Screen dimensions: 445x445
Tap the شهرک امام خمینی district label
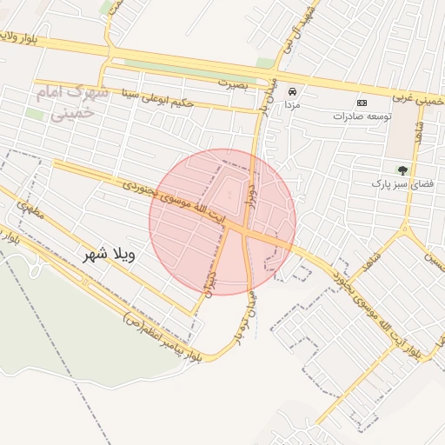(73, 102)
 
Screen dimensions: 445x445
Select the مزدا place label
(292, 104)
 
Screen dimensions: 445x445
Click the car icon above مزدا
(292, 91)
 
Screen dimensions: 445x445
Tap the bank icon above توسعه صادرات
(362, 103)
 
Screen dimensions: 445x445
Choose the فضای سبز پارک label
(402, 183)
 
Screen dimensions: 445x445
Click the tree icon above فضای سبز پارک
(402, 169)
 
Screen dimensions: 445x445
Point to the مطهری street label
(29, 211)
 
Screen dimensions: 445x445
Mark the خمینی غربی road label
(420, 100)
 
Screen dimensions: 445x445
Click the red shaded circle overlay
(222, 222)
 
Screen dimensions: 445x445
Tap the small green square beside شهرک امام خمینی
(35, 114)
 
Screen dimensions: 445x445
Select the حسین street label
(432, 257)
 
